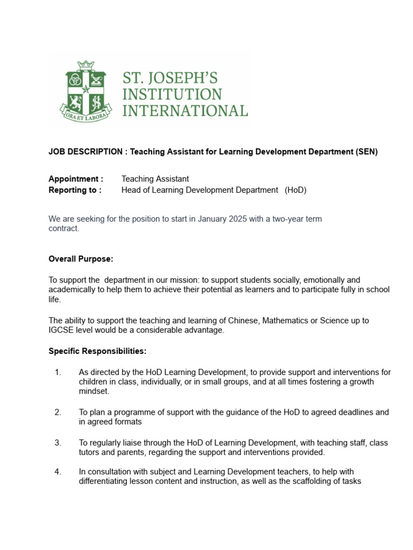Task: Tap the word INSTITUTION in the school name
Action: pos(172,95)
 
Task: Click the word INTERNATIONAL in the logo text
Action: pos(185,111)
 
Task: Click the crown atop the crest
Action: pos(86,66)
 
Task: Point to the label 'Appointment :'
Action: pos(76,179)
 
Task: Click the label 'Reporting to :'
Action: pos(75,190)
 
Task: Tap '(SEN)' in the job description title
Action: pos(366,152)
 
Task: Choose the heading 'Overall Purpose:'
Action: pos(81,259)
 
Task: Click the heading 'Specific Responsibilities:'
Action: pos(97,351)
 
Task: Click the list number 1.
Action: pos(58,372)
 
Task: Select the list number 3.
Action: pos(58,443)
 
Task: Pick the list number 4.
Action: pos(58,472)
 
